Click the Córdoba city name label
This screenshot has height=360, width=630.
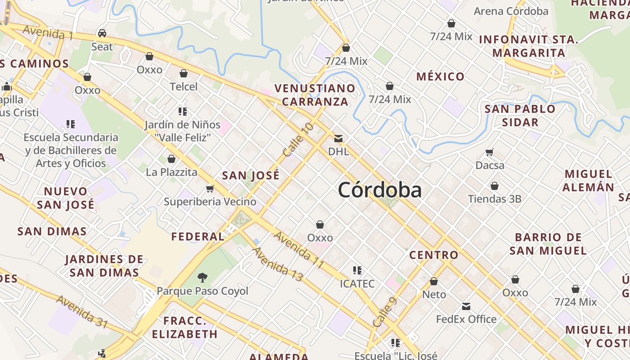(380, 190)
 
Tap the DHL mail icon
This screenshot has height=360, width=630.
(338, 138)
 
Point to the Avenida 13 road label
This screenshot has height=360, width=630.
(277, 264)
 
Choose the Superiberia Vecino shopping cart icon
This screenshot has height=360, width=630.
(210, 189)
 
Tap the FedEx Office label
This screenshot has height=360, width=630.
(466, 319)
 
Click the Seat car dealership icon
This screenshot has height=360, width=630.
(102, 33)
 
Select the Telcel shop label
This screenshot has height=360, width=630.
(184, 86)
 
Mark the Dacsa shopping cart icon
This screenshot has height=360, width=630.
(490, 153)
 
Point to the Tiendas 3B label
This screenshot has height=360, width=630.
(495, 198)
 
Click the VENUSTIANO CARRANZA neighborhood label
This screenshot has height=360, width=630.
(315, 94)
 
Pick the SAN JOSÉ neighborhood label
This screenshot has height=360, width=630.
(251, 175)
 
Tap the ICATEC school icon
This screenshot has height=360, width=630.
(357, 270)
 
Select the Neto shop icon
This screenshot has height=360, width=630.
(434, 282)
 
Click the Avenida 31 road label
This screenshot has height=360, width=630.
(82, 312)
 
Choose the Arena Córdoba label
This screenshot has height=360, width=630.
(511, 11)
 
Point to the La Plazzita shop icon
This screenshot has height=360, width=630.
(171, 159)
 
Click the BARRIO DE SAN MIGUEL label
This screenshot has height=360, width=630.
(548, 243)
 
